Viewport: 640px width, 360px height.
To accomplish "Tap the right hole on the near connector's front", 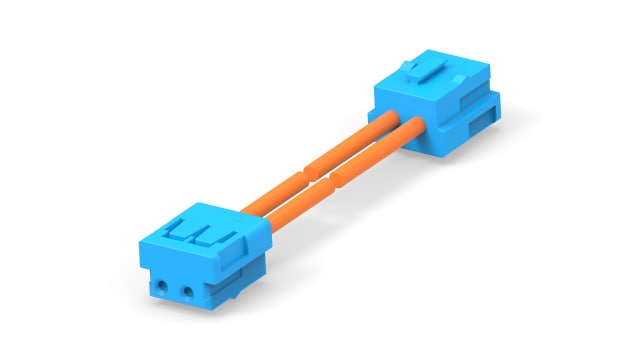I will [186, 293].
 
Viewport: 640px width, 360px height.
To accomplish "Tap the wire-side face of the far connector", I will [400, 115].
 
